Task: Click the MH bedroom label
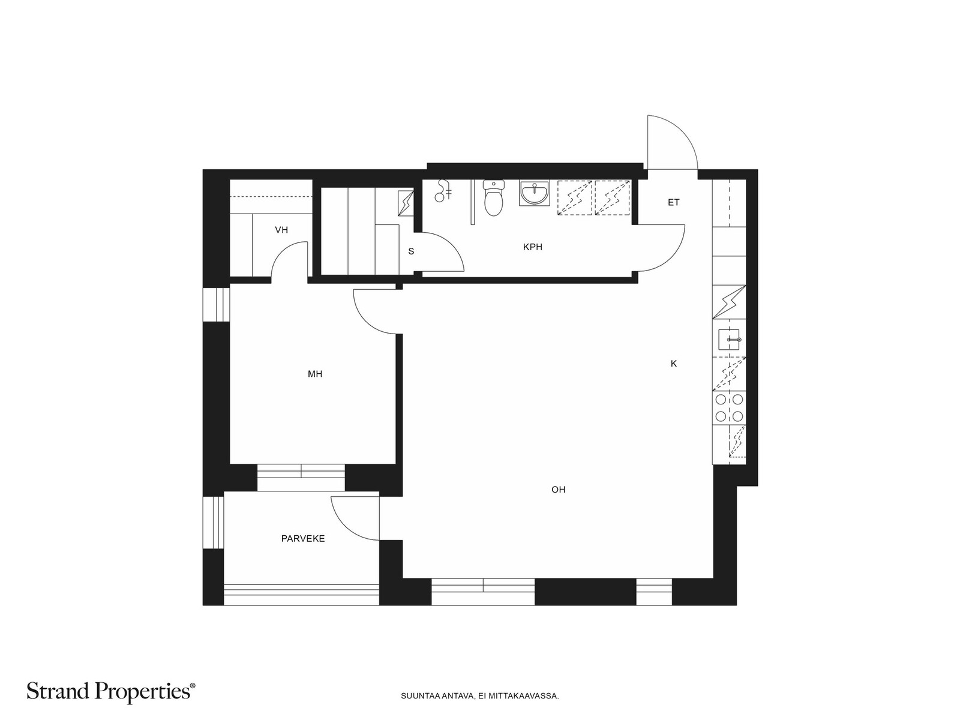(x=315, y=374)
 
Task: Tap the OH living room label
(x=559, y=490)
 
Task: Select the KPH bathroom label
(x=533, y=247)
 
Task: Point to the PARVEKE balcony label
(x=303, y=539)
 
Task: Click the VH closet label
(x=281, y=230)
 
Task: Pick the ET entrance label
(x=674, y=202)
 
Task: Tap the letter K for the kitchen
(x=674, y=363)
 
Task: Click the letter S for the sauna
(x=411, y=251)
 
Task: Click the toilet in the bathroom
(x=494, y=198)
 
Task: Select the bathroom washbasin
(x=534, y=193)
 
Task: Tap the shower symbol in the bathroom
(x=443, y=191)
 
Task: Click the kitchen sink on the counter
(x=728, y=340)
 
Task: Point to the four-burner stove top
(x=729, y=407)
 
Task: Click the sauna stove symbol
(x=406, y=203)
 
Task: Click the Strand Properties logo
(x=111, y=692)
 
